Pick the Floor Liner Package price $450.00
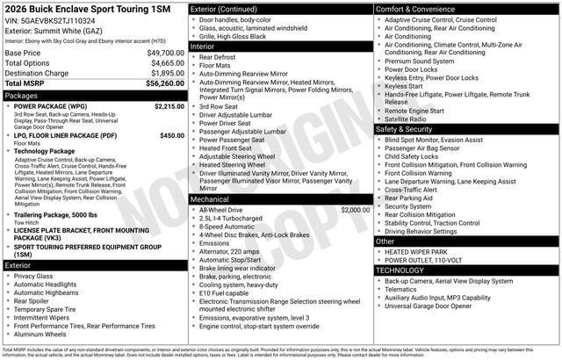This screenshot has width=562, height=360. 171,135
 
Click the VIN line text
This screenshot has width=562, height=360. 50,20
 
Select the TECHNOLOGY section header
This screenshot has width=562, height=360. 400,270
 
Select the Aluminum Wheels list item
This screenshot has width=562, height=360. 40,334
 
